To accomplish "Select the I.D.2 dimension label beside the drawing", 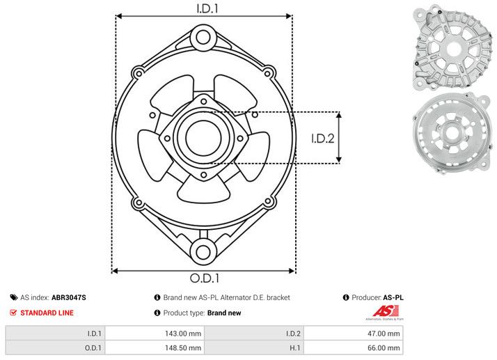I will coord(323,138).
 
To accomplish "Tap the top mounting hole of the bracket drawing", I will coord(203,36).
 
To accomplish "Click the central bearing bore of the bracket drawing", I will coord(203,136).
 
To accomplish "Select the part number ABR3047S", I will coord(69,297).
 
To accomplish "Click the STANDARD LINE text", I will coord(47,313).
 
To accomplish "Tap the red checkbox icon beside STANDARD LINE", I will coord(13,313).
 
